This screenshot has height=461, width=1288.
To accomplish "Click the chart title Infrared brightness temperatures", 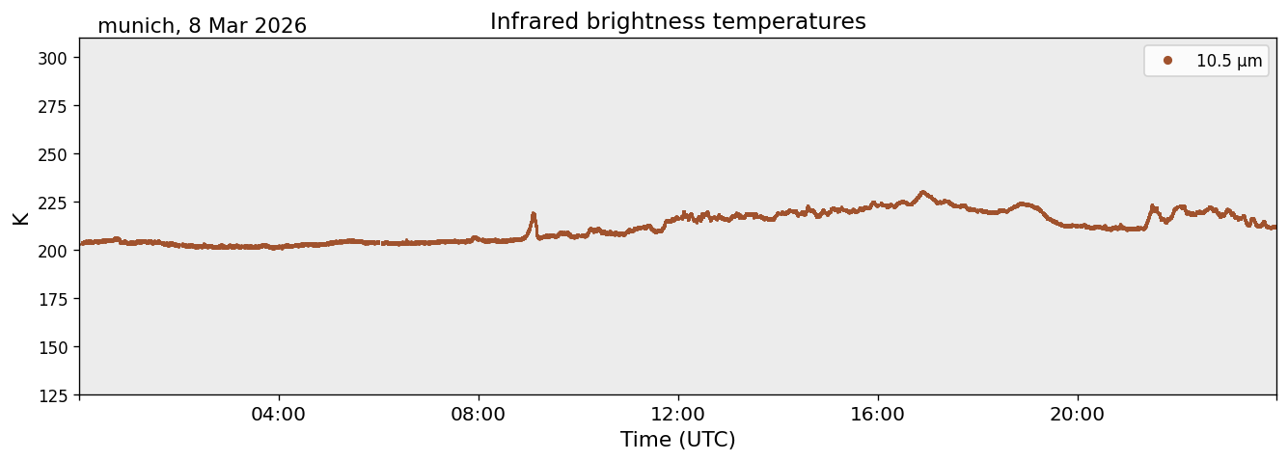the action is [678, 22].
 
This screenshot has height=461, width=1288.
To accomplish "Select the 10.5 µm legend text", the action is [1229, 61].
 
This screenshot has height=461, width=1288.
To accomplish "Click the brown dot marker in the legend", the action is [1167, 61].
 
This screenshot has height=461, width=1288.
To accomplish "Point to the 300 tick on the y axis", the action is [52, 59].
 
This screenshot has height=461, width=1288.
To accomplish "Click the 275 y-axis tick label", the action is [52, 107].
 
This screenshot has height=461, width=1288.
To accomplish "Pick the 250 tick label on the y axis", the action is [52, 155].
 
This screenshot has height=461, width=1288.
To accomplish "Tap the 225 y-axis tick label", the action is [52, 203].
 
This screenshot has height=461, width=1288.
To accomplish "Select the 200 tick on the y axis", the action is [52, 251].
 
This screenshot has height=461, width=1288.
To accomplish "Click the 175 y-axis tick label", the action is [52, 300].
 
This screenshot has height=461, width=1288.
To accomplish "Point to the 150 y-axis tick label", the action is [52, 348].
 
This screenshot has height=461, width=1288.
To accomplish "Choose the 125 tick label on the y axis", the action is [52, 395].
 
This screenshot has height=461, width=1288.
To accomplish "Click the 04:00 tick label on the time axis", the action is [279, 415].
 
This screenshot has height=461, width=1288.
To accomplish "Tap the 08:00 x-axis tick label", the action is [479, 415].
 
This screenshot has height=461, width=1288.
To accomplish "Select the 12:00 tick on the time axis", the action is [678, 415].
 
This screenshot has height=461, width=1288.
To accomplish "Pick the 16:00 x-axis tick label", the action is [877, 415].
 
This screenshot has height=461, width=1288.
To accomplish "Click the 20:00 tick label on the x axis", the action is [1077, 415].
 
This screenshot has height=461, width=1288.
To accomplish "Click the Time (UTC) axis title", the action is [678, 440].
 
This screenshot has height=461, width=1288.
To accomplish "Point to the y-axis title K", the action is [20, 218].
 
